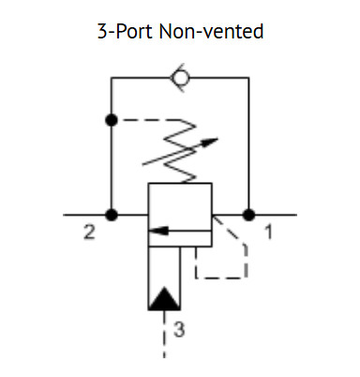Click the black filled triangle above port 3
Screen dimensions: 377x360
(x=165, y=297)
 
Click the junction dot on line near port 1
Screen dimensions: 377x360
(x=247, y=215)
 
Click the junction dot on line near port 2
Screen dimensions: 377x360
(x=112, y=215)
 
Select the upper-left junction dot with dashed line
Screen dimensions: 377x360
(x=112, y=120)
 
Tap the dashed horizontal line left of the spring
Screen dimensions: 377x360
(x=145, y=120)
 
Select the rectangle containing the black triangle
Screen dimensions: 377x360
(x=165, y=278)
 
